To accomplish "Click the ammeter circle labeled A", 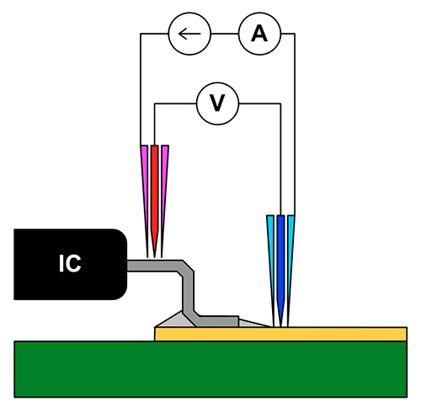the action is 259,34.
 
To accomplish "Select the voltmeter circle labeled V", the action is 217,103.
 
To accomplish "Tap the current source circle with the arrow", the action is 189,34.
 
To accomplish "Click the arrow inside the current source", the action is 189,34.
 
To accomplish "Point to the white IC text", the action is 70,263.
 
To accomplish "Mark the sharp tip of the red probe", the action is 154,257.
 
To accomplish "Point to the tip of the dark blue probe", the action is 280,327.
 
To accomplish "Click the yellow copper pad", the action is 280,335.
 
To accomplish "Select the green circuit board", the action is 210,369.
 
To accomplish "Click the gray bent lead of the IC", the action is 188,292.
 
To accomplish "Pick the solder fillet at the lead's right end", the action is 250,324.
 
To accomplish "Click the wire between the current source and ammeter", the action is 225,34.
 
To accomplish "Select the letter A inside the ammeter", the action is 259,34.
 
